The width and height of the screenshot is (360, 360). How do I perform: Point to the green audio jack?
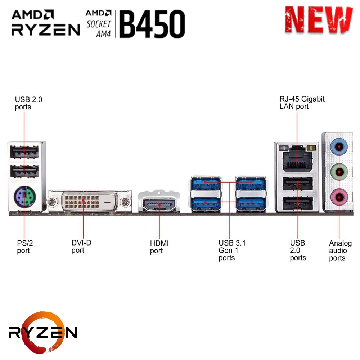[339, 171]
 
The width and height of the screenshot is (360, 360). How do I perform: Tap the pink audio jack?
[339, 196]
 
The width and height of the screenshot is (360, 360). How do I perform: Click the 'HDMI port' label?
[159, 247]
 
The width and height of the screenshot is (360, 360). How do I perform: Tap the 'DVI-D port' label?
[81, 246]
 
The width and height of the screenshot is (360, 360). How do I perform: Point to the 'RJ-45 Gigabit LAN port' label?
[302, 103]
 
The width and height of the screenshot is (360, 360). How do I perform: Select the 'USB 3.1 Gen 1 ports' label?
[232, 250]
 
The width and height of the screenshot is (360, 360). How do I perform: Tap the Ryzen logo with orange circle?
[42, 331]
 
